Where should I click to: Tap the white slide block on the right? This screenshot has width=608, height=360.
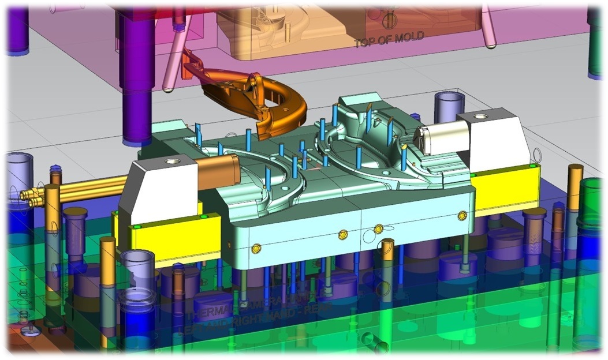[494, 138]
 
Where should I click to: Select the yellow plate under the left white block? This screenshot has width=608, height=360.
[173, 234]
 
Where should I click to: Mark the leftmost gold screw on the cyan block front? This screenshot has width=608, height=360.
[256, 248]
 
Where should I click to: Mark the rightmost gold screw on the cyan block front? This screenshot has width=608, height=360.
[461, 215]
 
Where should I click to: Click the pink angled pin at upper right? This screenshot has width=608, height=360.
[488, 26]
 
